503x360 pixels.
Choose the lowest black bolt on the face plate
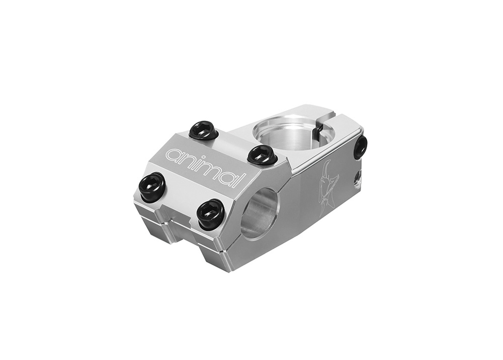[211, 213]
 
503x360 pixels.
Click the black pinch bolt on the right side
[360, 147]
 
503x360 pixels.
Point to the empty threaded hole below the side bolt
[357, 176]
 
